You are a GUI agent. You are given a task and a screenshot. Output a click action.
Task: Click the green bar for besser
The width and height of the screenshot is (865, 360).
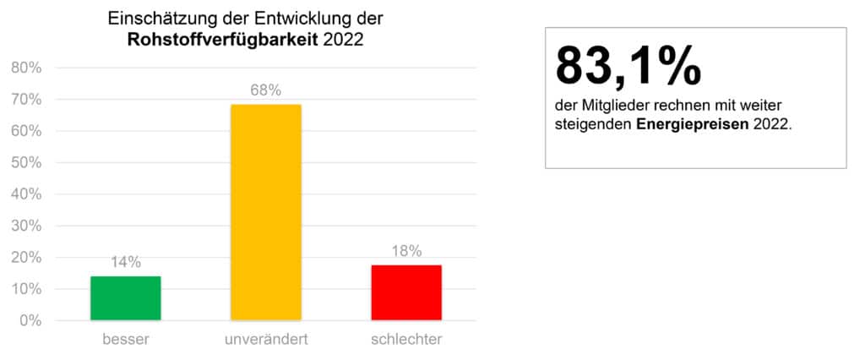click(126, 298)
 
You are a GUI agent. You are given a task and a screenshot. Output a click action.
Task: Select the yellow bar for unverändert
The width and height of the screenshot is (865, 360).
click(266, 212)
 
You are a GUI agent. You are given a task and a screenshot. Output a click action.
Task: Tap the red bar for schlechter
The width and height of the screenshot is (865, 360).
click(406, 292)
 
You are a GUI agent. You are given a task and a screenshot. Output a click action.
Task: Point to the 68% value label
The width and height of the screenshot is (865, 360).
click(266, 90)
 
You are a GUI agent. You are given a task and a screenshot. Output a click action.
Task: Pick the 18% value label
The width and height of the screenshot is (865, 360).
click(406, 250)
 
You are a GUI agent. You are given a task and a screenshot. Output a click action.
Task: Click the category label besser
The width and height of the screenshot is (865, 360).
click(126, 340)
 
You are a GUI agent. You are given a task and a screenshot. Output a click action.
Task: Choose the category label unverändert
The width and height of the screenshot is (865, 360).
click(266, 340)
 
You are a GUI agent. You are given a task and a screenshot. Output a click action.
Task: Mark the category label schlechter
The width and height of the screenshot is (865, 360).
click(406, 340)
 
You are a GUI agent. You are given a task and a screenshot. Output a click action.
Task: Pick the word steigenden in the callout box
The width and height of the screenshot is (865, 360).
click(592, 123)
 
